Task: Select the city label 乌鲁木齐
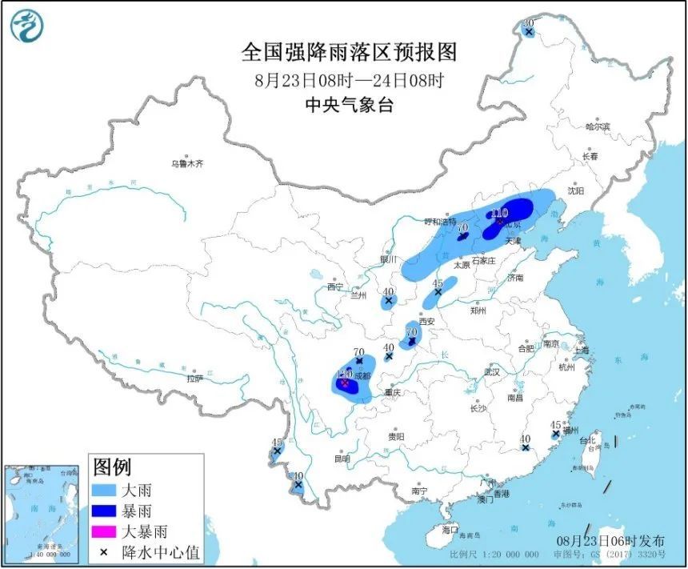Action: tap(186, 163)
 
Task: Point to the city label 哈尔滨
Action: tap(597, 126)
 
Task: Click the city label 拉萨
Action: tap(195, 379)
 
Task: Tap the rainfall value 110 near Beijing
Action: tap(498, 213)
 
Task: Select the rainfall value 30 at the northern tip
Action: tap(528, 25)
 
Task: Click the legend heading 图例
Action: tap(112, 467)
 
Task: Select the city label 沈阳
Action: tap(576, 190)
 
